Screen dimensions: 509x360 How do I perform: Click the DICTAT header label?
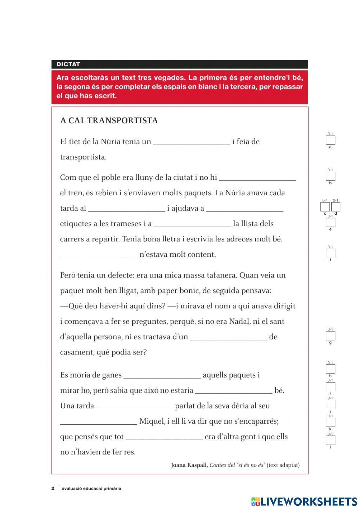(68, 64)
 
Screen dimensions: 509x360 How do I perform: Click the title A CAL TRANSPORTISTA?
(109, 120)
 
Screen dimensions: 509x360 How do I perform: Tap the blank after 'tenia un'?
(192, 141)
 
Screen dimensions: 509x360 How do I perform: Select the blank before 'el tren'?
(257, 177)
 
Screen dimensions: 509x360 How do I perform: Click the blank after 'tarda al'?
(126, 208)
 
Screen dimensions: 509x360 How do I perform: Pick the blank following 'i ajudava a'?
(245, 208)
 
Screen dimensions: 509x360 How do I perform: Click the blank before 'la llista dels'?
(192, 223)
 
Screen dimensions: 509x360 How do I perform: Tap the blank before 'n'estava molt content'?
(98, 254)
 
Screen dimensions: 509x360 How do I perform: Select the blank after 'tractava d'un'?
(228, 336)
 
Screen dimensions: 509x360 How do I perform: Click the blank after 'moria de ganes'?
(162, 375)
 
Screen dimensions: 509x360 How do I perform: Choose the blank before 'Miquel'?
(98, 421)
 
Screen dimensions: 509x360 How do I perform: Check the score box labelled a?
(330, 140)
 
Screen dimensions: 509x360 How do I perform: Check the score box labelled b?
(330, 176)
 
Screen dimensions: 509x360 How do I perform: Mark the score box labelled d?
(336, 207)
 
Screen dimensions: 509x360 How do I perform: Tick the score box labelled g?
(330, 336)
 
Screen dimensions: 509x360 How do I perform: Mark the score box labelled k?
(330, 422)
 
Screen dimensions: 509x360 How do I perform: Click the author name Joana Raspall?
(189, 465)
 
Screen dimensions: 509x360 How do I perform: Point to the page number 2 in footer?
(53, 488)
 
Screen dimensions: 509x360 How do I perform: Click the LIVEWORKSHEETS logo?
(304, 501)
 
